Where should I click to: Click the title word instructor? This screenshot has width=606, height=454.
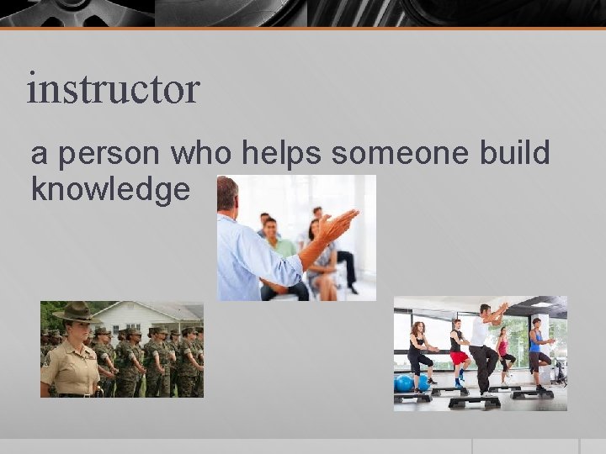(113, 89)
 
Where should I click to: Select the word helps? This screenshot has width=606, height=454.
(282, 154)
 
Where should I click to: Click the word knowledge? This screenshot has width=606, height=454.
(110, 189)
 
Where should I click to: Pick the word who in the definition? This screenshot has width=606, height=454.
(202, 154)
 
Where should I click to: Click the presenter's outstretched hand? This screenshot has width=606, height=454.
(340, 224)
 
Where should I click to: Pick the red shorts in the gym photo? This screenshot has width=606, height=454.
(458, 357)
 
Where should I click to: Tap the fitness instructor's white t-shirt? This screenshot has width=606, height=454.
(479, 332)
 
